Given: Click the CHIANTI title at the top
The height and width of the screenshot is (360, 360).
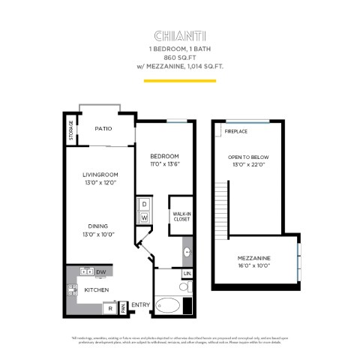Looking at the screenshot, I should (x=180, y=34).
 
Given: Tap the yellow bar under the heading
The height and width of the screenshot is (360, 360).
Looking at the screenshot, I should (x=180, y=80).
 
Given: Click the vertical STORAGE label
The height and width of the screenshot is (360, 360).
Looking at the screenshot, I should (x=71, y=130).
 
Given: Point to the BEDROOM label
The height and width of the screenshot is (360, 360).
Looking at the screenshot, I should (x=164, y=156).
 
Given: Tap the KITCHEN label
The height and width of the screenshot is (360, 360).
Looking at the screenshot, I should (x=97, y=289).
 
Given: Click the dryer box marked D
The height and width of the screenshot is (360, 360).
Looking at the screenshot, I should (x=144, y=204).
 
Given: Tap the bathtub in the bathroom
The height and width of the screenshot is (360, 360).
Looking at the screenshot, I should (x=168, y=306).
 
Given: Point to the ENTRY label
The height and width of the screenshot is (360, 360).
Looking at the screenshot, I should (x=140, y=304).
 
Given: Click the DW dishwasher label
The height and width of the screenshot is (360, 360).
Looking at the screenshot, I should (x=100, y=271).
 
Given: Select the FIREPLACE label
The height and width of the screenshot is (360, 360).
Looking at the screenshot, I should (x=235, y=131).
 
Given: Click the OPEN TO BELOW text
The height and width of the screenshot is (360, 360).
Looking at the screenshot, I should (x=248, y=157).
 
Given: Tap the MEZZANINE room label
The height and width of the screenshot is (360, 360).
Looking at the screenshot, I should (x=253, y=259).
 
